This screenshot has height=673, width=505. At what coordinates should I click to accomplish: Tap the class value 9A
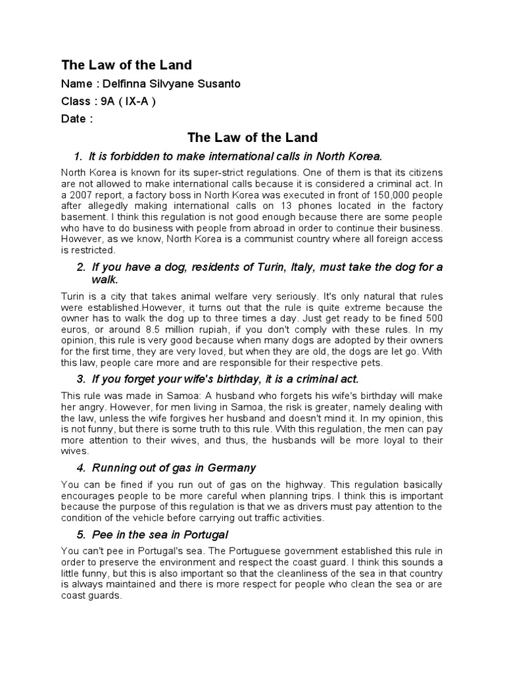pos(111,101)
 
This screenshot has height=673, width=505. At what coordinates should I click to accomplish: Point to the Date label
pos(74,119)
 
